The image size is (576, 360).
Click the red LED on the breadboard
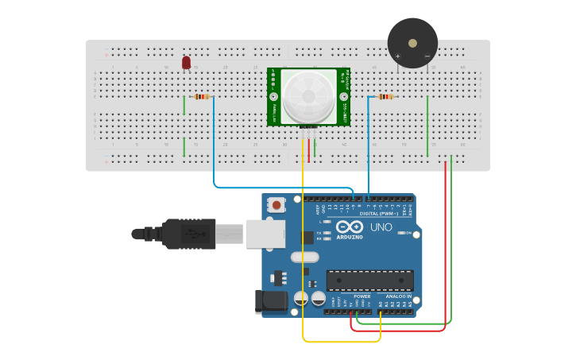click(186, 62)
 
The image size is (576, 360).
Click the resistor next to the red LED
click(202, 97)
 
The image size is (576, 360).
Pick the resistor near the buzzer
click(385, 97)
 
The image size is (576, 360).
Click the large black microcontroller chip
click(369, 281)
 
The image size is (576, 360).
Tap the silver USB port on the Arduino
click(268, 233)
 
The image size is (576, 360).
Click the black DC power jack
click(270, 300)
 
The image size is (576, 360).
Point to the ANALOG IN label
click(396, 296)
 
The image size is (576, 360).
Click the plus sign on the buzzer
click(398, 56)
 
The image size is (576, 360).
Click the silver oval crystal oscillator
click(304, 257)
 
